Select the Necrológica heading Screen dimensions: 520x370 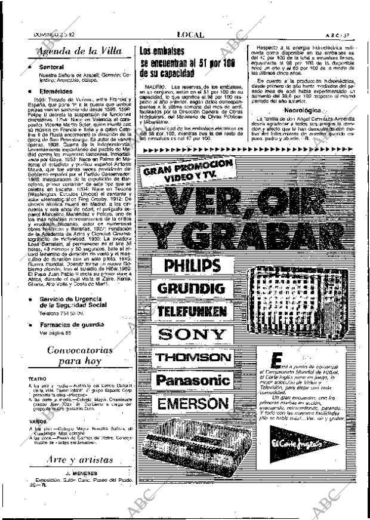(x=306, y=110)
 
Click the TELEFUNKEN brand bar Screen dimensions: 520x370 (x=192, y=312)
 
